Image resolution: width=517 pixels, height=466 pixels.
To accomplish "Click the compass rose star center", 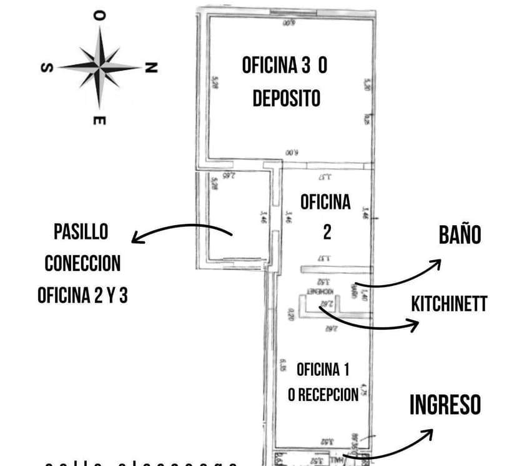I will click(100, 66).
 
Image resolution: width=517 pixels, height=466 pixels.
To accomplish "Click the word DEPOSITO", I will click(286, 98).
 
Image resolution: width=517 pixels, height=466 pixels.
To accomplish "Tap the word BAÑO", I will click(460, 235).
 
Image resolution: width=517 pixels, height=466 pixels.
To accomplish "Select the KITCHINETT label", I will click(449, 304).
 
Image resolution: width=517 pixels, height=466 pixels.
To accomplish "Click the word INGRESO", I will click(445, 405).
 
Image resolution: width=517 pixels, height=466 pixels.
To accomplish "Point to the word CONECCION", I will click(82, 263).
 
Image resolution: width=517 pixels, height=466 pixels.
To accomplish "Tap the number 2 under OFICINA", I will click(327, 232).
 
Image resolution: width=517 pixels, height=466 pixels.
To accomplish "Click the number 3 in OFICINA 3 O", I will click(306, 66).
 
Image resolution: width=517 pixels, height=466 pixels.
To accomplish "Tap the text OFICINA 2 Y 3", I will click(82, 295).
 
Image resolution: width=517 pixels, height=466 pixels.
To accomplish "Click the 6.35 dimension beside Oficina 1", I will click(283, 365).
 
